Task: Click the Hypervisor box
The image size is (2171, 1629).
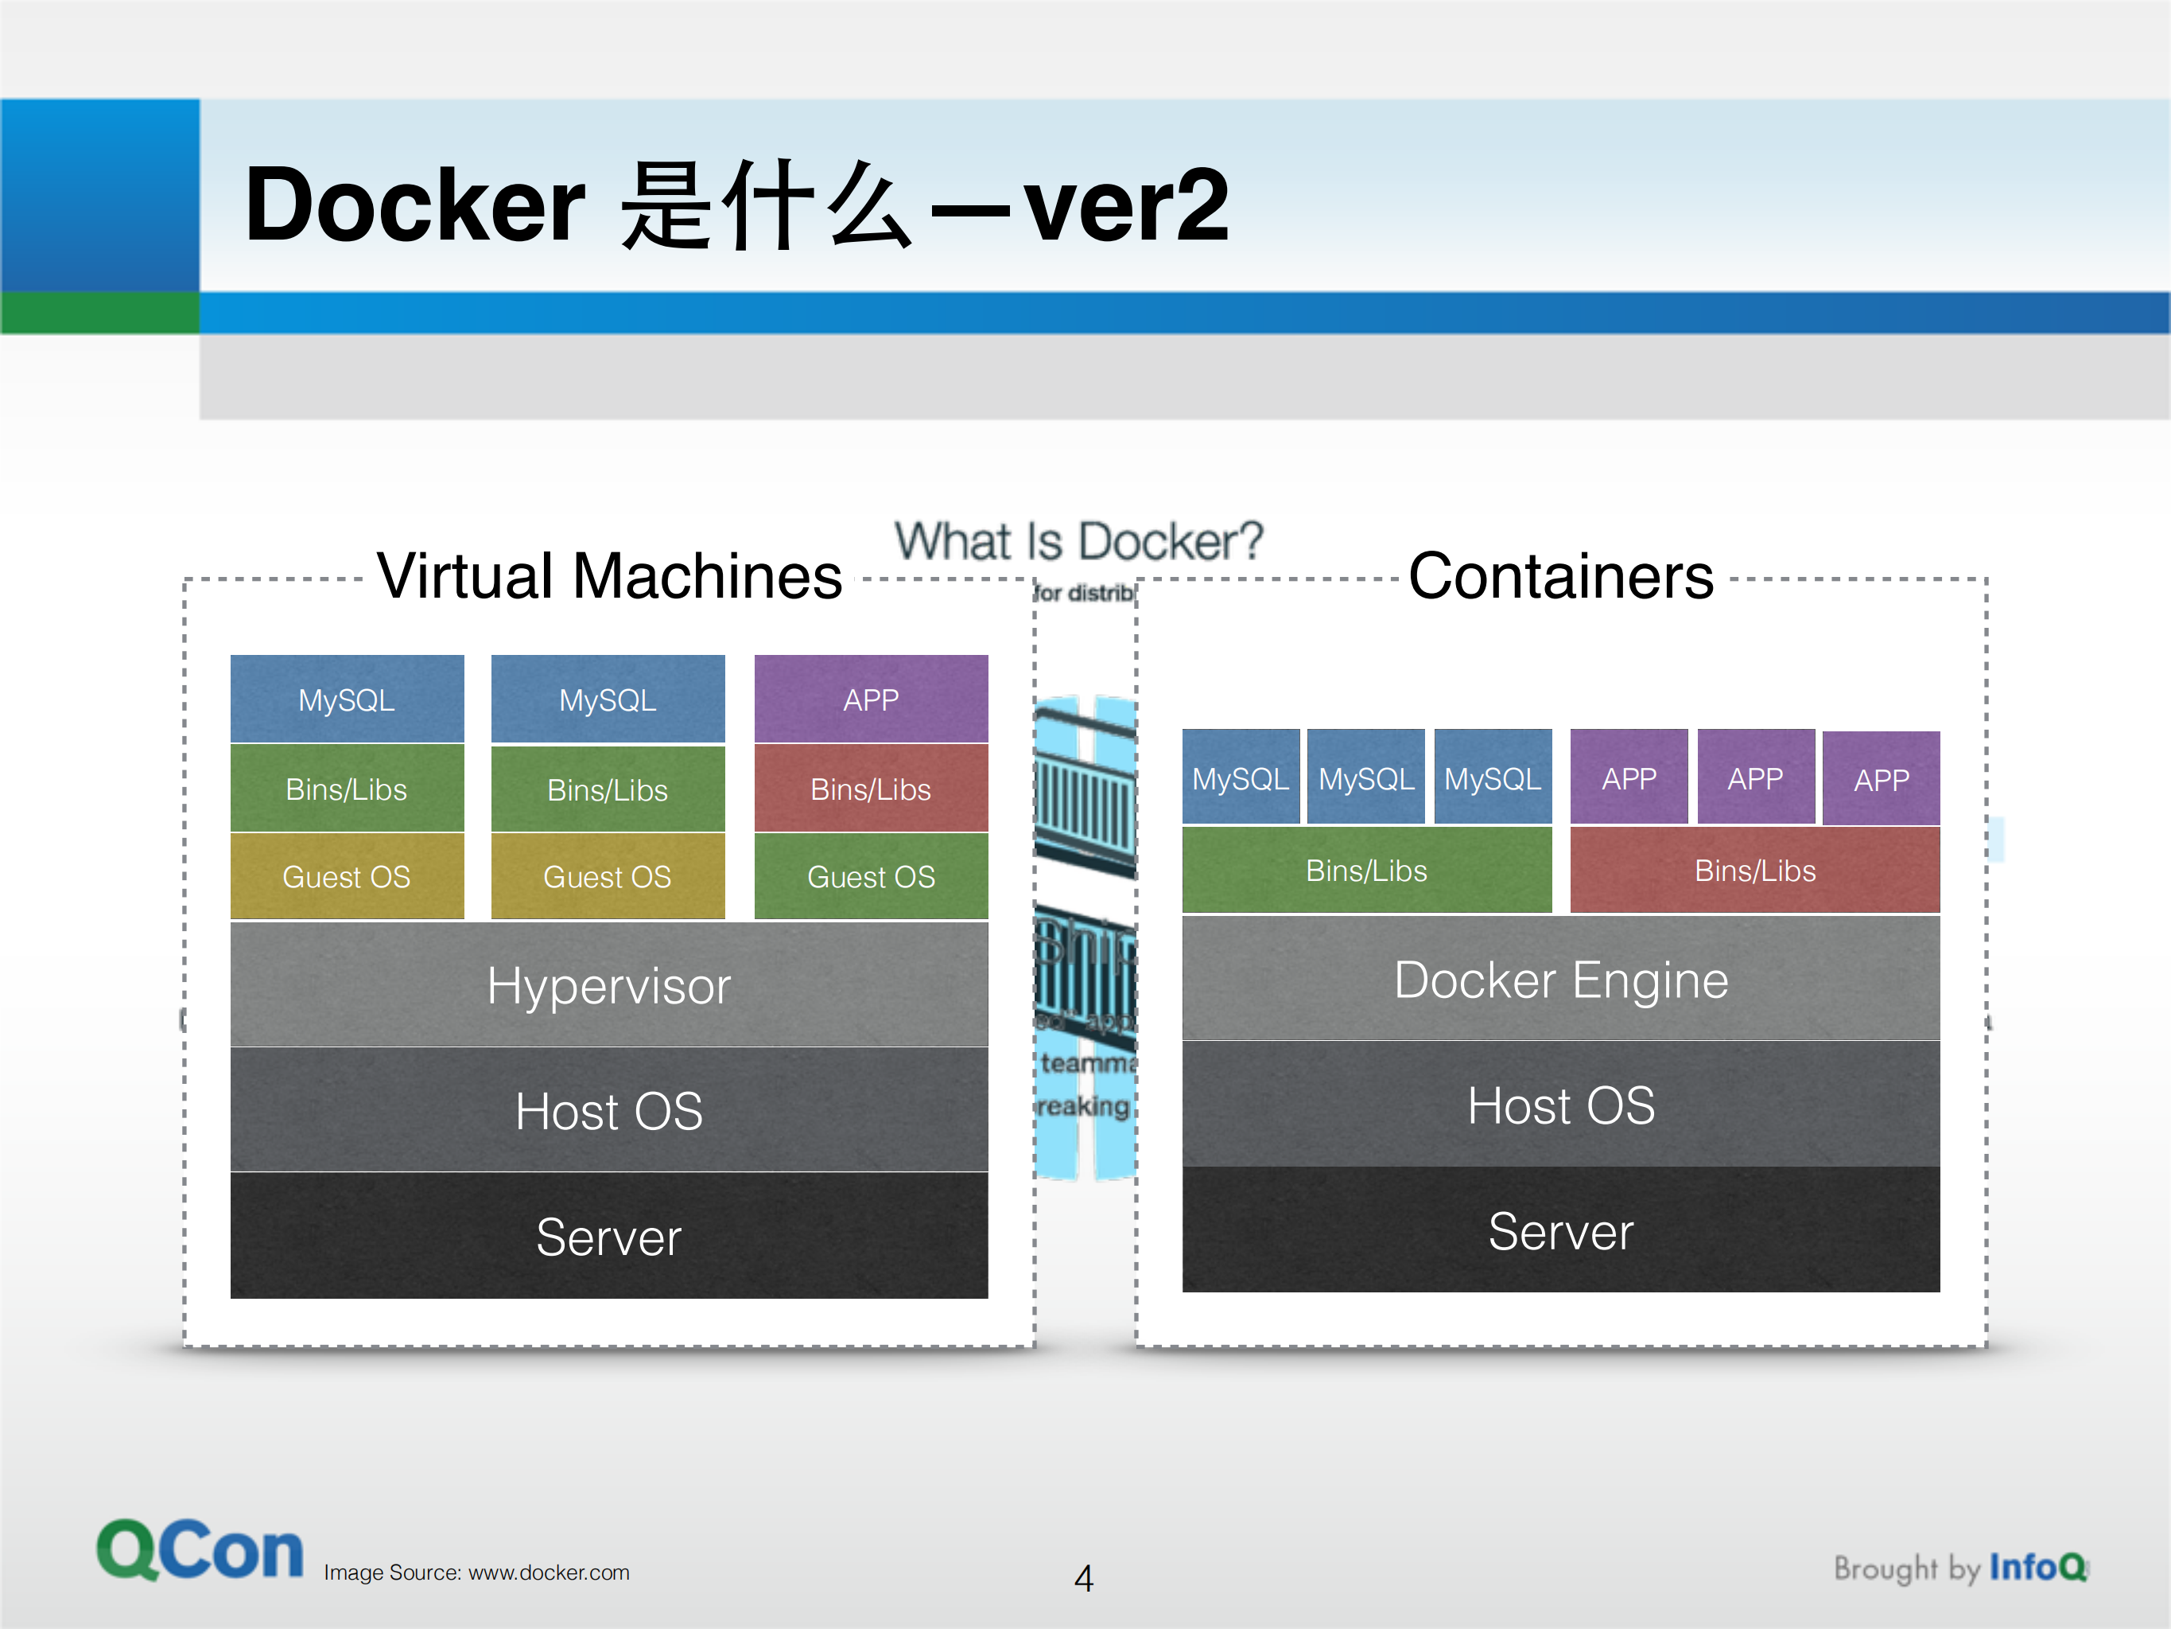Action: (x=608, y=985)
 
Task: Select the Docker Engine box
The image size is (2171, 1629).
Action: (x=1560, y=979)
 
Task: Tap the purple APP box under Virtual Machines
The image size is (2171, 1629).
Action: (x=871, y=700)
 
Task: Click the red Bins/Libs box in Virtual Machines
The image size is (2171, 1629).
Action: (x=871, y=789)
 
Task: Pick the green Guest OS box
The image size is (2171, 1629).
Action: (x=871, y=876)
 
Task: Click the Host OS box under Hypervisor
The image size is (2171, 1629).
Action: (x=608, y=1111)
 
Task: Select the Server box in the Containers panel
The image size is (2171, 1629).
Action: (x=1560, y=1230)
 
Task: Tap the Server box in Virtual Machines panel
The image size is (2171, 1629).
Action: (x=608, y=1236)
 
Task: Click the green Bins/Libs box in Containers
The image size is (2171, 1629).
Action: (x=1366, y=870)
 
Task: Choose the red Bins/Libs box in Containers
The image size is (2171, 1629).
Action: (x=1755, y=870)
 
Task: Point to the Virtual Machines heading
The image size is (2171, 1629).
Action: (x=608, y=575)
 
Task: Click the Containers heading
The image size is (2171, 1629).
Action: (x=1560, y=575)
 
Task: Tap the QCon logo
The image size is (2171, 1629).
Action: (x=200, y=1550)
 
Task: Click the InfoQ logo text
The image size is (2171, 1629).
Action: (x=2036, y=1566)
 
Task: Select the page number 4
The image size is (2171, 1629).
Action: (x=1084, y=1578)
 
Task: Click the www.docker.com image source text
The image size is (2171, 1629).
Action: (x=548, y=1572)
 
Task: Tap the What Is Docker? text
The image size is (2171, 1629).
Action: (x=1078, y=541)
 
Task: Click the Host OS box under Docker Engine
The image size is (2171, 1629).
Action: (x=1560, y=1105)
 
